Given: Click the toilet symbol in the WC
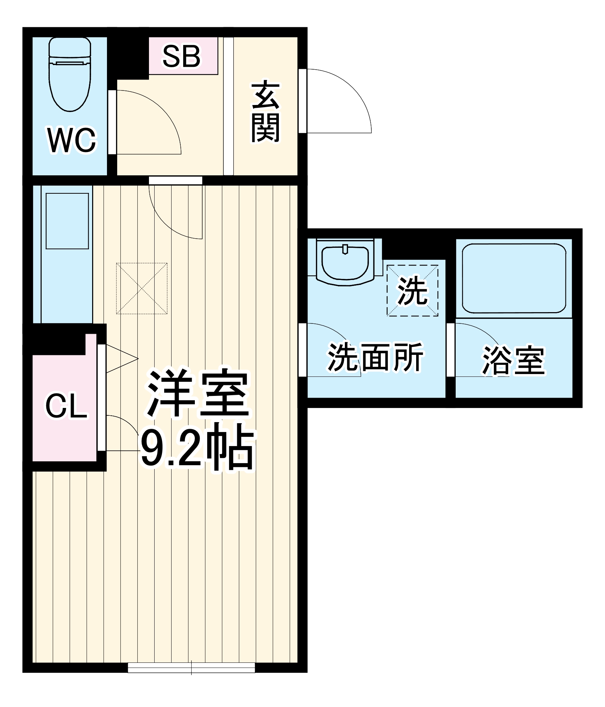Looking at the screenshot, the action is tap(70, 74).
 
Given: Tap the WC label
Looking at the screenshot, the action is tap(72, 140).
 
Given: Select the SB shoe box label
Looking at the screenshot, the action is tap(181, 56).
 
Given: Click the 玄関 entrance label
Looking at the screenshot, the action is tap(265, 111).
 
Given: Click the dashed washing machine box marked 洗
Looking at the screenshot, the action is tap(412, 290).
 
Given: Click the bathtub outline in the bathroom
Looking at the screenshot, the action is tap(514, 279).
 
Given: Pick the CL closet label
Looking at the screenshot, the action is tap(66, 406).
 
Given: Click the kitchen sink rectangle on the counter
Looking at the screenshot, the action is tap(67, 221).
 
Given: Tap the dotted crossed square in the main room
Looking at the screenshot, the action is tap(142, 288).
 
